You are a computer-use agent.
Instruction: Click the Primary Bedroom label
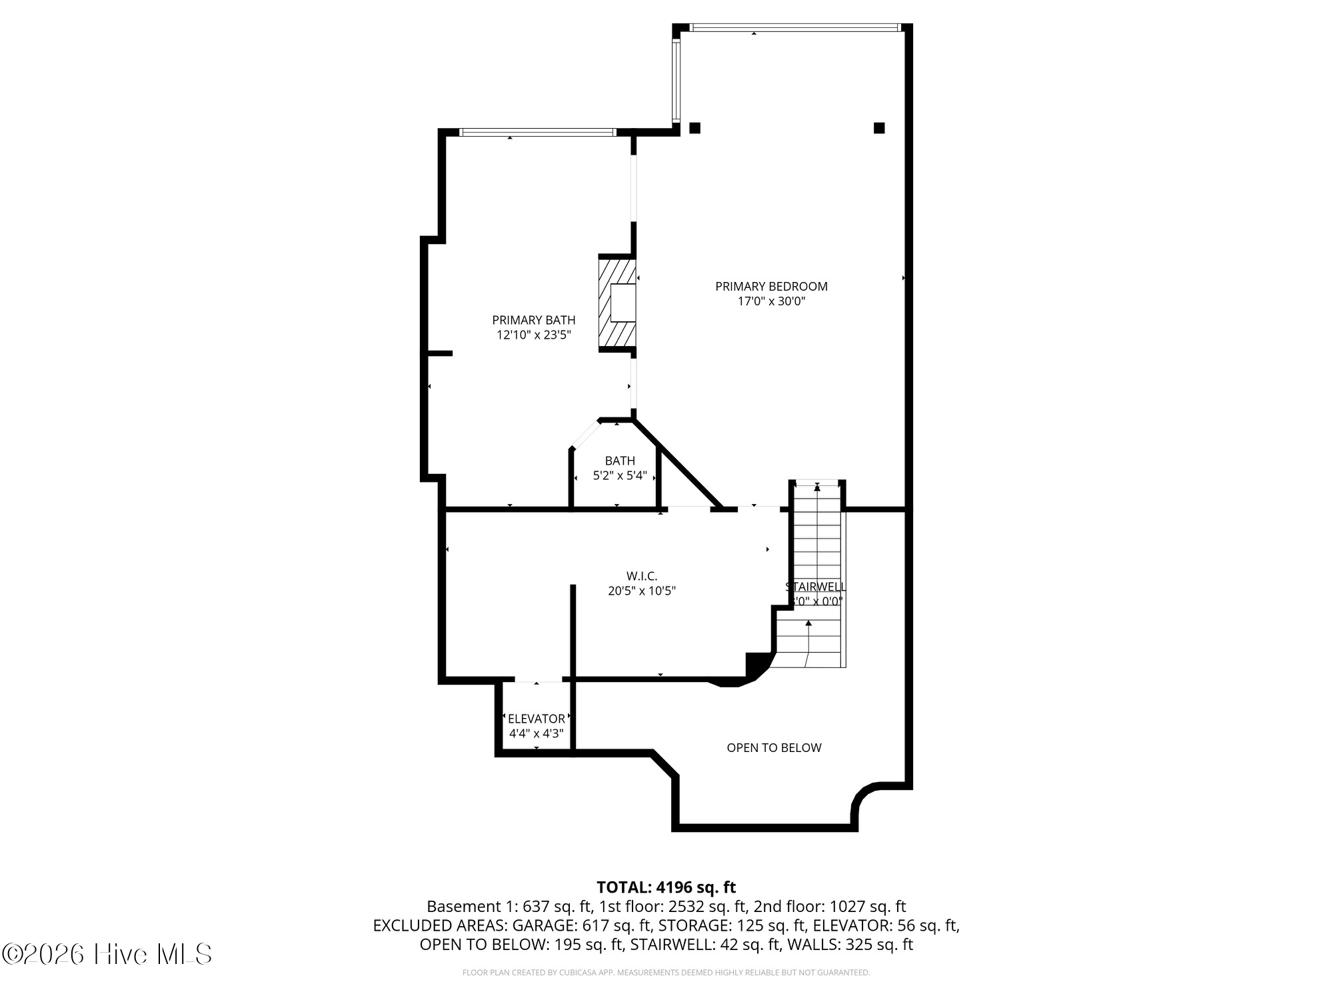click(771, 286)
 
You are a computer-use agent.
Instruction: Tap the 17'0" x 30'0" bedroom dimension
click(771, 301)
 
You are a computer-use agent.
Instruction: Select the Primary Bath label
click(533, 320)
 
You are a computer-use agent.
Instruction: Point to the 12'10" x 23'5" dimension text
click(533, 335)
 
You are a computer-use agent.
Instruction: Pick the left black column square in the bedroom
click(694, 128)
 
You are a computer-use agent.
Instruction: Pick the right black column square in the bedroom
click(879, 128)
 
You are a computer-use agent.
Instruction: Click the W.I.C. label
click(642, 575)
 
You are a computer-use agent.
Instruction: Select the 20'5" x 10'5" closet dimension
click(642, 591)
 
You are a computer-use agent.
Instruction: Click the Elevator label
click(537, 719)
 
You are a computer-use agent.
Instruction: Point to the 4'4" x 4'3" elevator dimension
click(537, 733)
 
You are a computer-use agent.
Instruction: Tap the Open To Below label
click(774, 748)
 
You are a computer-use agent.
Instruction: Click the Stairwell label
click(816, 587)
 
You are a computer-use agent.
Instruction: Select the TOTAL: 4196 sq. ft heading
click(666, 887)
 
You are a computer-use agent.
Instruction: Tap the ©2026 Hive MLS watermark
click(107, 955)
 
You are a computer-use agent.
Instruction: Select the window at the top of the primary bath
click(537, 133)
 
